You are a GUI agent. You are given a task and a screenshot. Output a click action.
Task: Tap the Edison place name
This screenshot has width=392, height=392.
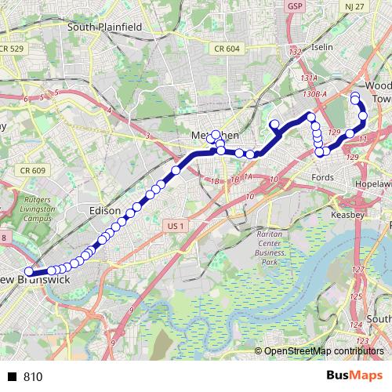click(x=105, y=211)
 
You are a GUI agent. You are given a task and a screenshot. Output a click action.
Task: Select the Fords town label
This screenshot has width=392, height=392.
click(x=323, y=177)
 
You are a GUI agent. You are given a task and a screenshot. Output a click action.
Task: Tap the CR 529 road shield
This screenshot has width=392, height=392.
click(x=13, y=49)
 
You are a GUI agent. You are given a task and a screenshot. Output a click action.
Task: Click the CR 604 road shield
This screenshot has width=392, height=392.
click(x=226, y=49)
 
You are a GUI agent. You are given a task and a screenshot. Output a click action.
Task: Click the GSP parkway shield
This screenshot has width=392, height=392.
click(x=295, y=6)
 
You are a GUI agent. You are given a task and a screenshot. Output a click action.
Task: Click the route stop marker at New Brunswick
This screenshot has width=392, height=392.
click(x=29, y=272)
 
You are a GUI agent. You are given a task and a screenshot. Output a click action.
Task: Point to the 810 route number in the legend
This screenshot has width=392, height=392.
click(x=32, y=377)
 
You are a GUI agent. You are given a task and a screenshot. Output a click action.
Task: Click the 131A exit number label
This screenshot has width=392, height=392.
click(x=308, y=78)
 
